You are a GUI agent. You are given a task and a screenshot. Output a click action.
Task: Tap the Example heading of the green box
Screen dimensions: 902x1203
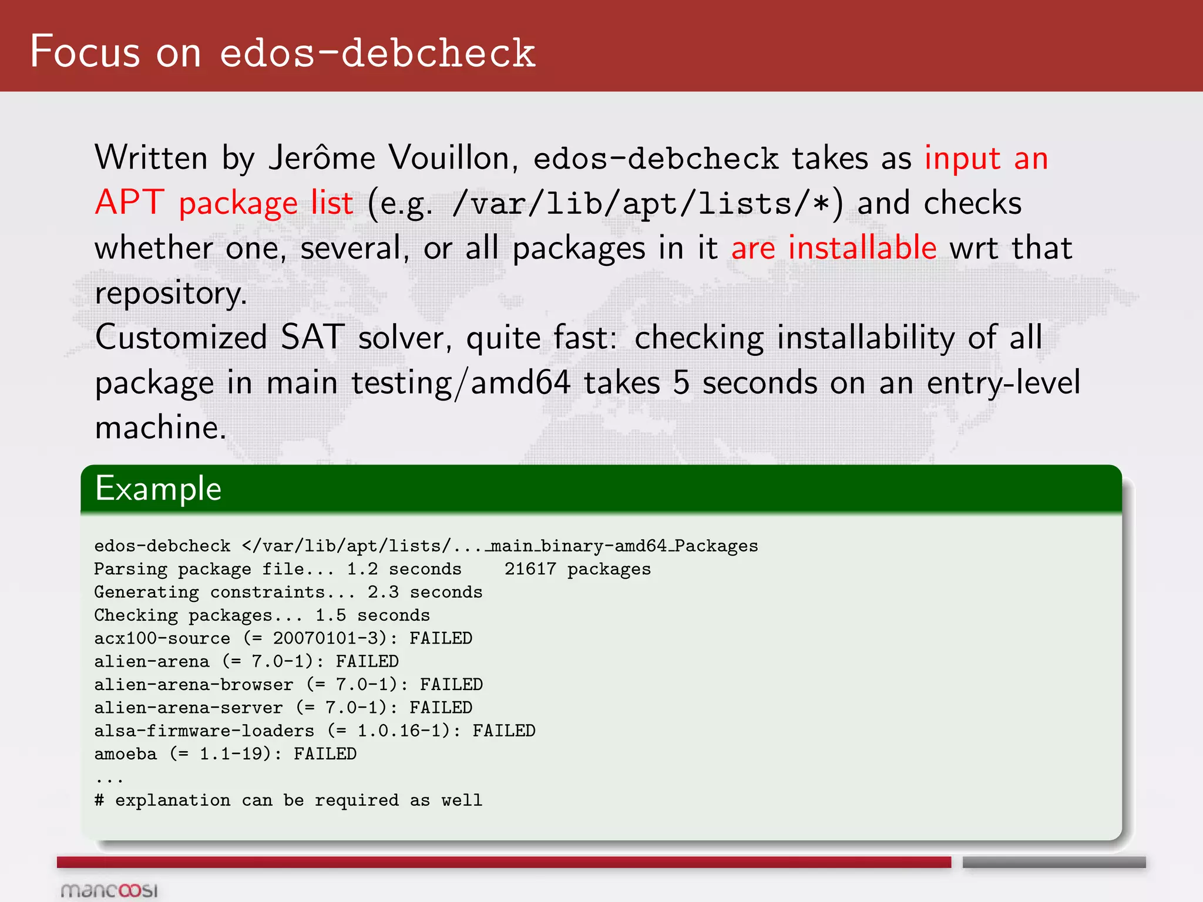point(159,489)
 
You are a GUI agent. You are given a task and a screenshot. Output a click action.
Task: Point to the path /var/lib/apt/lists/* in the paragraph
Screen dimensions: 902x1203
point(640,204)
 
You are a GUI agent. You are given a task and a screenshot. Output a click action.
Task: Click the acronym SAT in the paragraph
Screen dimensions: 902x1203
point(312,337)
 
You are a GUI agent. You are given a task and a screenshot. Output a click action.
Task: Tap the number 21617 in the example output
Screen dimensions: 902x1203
point(530,569)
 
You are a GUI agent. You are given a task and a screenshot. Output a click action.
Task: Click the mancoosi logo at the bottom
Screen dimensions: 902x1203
point(110,890)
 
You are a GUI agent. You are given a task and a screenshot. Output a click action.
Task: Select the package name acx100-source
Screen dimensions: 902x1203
point(162,638)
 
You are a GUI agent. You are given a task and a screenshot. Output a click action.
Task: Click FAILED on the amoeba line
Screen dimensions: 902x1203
point(325,754)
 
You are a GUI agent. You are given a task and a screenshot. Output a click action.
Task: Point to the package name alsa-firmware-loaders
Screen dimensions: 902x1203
point(204,731)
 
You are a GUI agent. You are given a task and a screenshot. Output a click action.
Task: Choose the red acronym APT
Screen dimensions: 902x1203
point(129,203)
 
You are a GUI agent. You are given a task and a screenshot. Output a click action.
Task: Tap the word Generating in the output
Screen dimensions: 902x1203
point(146,592)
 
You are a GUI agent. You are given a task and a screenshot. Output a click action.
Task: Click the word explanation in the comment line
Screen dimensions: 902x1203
point(173,800)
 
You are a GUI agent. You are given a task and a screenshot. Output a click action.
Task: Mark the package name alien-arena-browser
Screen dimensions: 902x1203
point(194,685)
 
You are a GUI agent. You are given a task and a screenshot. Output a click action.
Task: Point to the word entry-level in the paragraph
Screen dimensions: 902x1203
point(1003,383)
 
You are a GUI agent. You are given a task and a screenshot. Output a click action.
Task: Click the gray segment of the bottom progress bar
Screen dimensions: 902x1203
point(1054,862)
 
